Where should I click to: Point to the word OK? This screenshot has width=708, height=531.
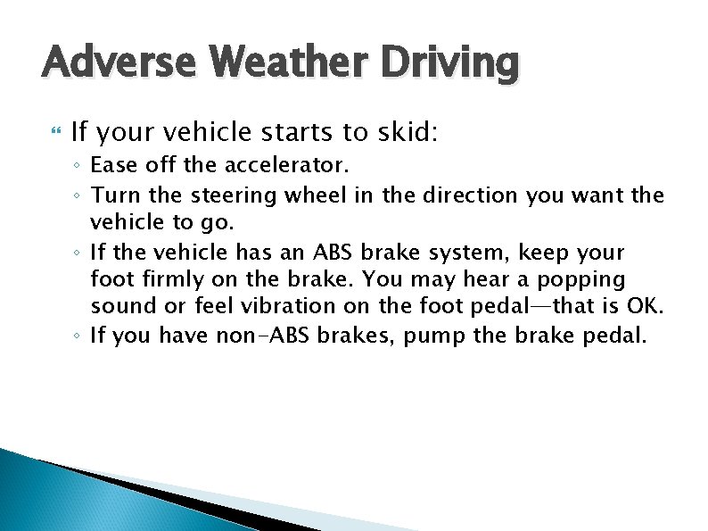(x=646, y=308)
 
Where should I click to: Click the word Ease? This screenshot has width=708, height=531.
(x=112, y=166)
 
